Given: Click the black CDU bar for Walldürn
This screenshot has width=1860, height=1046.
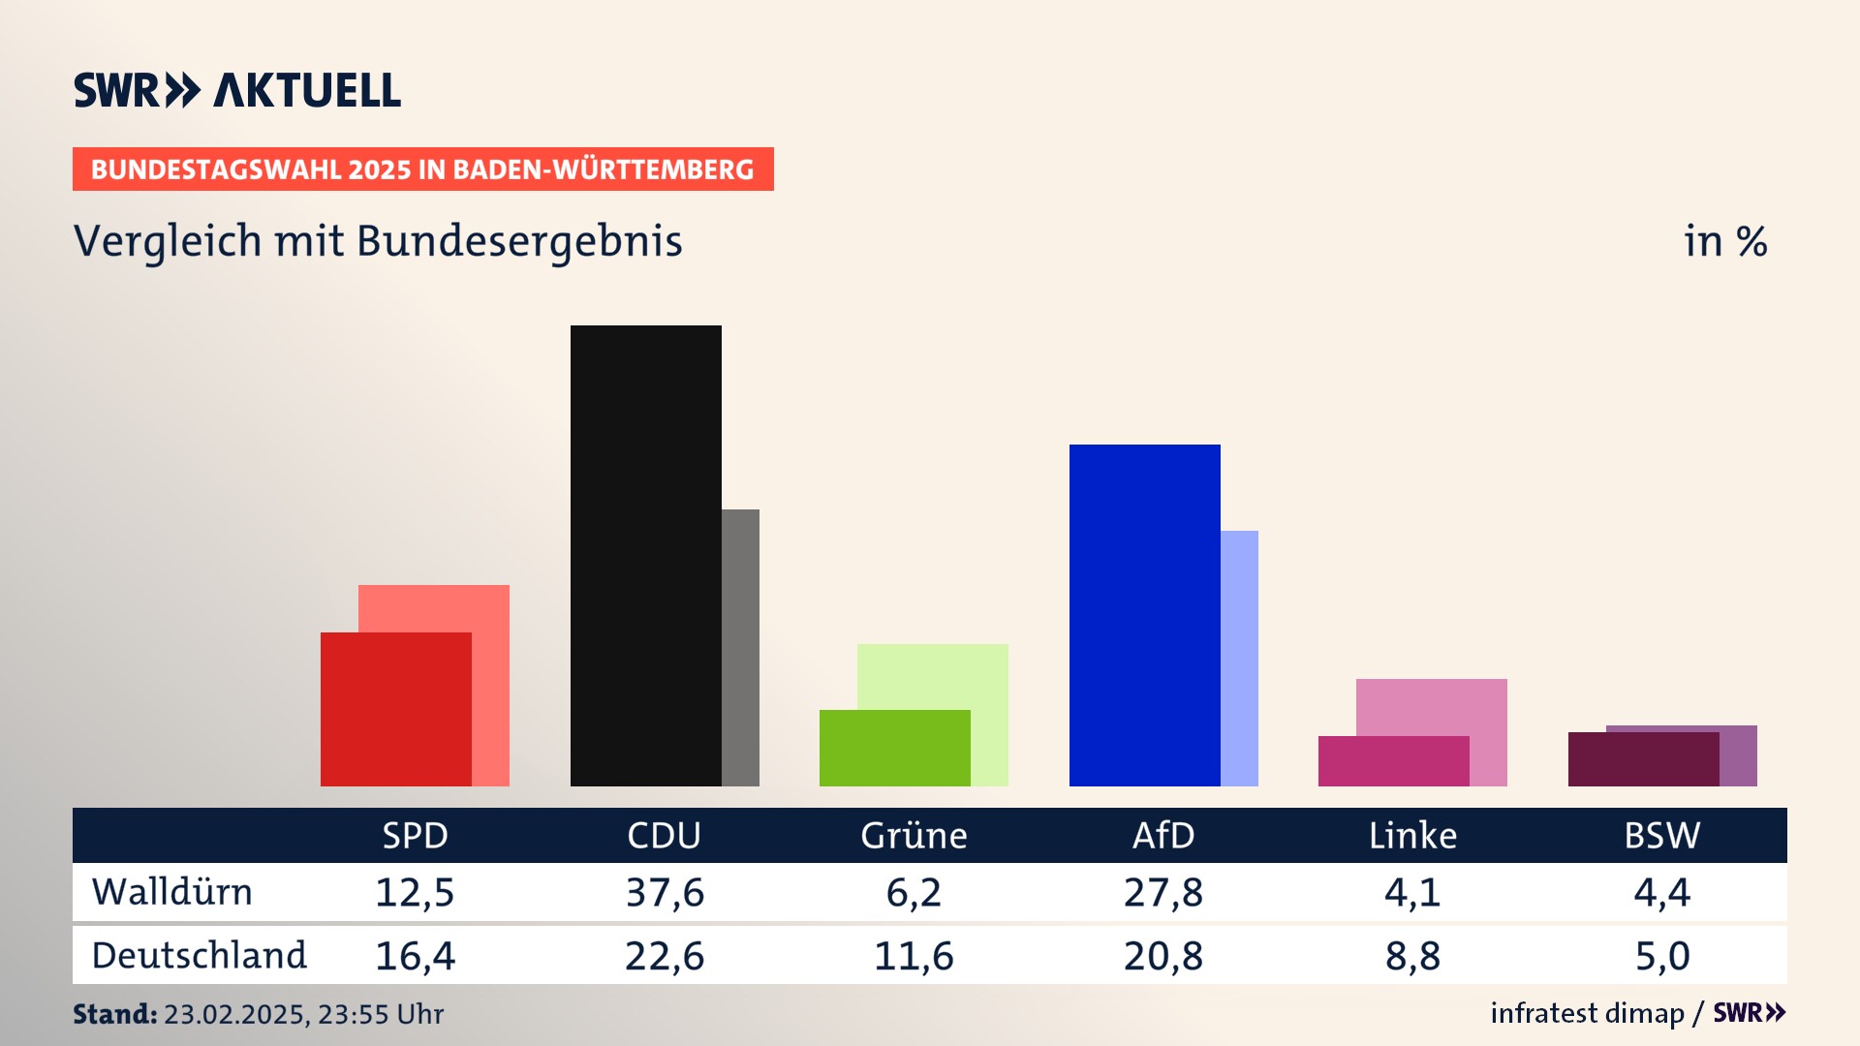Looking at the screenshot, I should pyautogui.click(x=645, y=555).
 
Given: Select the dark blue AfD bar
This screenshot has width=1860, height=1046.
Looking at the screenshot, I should pyautogui.click(x=1144, y=615).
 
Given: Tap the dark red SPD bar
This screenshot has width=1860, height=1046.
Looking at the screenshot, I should pyautogui.click(x=395, y=709).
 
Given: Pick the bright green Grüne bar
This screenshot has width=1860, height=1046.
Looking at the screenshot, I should pyautogui.click(x=894, y=748).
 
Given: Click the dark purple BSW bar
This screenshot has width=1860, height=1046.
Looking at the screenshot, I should pyautogui.click(x=1643, y=759).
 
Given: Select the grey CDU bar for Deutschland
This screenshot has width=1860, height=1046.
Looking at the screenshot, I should pyautogui.click(x=741, y=647).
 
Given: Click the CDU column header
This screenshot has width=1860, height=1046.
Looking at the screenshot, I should pyautogui.click(x=664, y=836).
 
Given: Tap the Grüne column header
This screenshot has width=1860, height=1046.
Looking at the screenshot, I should pyautogui.click(x=914, y=836).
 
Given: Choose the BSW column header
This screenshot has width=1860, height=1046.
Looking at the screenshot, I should pyautogui.click(x=1661, y=836).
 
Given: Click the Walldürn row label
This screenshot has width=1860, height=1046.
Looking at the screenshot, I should pyautogui.click(x=172, y=892).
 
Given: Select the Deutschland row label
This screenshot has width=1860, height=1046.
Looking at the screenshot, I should pyautogui.click(x=199, y=956).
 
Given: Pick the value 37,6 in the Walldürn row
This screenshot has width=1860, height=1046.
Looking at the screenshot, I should pyautogui.click(x=665, y=892).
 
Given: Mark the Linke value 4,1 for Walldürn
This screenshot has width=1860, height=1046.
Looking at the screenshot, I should pyautogui.click(x=1412, y=892).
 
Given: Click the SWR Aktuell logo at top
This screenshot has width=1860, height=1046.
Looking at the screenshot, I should pyautogui.click(x=237, y=90).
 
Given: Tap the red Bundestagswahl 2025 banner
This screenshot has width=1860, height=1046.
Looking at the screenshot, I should pyautogui.click(x=422, y=169).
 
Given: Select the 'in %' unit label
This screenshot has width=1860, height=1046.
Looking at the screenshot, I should pyautogui.click(x=1724, y=241).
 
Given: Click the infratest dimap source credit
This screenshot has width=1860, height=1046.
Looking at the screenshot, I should pyautogui.click(x=1587, y=1013).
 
